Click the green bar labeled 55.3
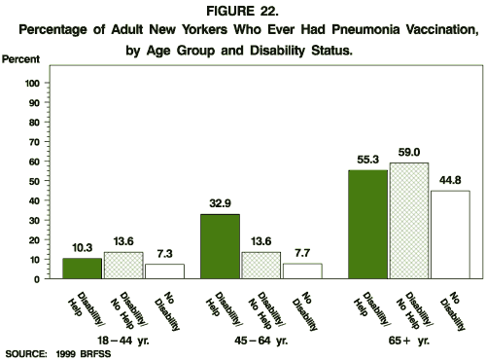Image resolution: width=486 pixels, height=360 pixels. (x=368, y=225)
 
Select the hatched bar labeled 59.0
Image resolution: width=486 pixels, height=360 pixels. (x=409, y=221)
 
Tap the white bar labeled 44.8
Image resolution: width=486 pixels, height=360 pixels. (x=449, y=234)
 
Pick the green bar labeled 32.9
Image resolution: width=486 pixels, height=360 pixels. (x=221, y=246)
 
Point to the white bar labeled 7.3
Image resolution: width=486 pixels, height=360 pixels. (x=163, y=271)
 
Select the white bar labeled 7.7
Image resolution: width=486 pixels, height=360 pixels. (x=300, y=271)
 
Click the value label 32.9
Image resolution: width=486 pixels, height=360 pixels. (x=221, y=205)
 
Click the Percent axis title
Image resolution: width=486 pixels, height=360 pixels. (x=20, y=60)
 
